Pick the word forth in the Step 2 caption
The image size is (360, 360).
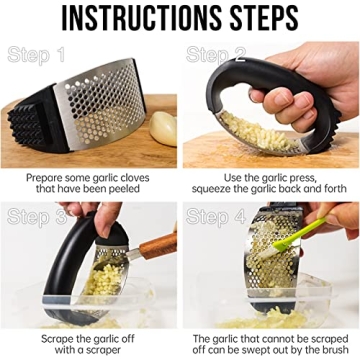click(328, 191)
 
